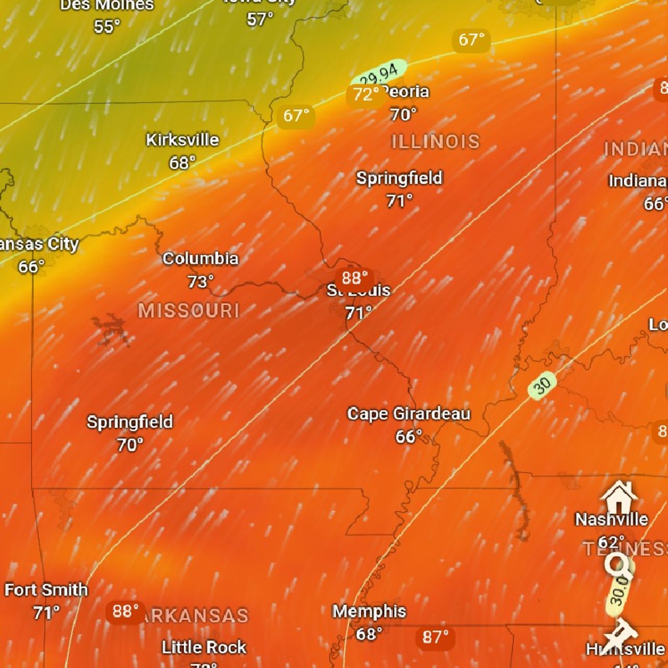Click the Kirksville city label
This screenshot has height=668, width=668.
(x=182, y=140)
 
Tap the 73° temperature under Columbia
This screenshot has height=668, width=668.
(x=200, y=282)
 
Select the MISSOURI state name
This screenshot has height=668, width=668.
(x=189, y=311)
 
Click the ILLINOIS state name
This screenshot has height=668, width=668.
(x=435, y=142)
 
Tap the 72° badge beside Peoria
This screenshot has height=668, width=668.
(x=365, y=94)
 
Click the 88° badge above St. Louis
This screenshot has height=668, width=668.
(x=354, y=278)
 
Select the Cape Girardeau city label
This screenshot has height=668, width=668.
(x=408, y=414)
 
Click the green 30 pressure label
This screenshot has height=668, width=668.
(x=543, y=385)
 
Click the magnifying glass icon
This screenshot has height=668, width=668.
(x=618, y=565)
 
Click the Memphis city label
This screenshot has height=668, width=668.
(x=369, y=611)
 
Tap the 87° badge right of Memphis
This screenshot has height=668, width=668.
(x=435, y=637)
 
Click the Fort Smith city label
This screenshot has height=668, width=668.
(x=46, y=590)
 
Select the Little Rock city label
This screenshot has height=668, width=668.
(x=204, y=647)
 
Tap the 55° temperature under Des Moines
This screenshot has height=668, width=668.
(x=107, y=26)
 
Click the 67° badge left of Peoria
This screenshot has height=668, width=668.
(x=296, y=116)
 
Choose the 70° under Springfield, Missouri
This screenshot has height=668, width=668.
(x=130, y=445)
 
